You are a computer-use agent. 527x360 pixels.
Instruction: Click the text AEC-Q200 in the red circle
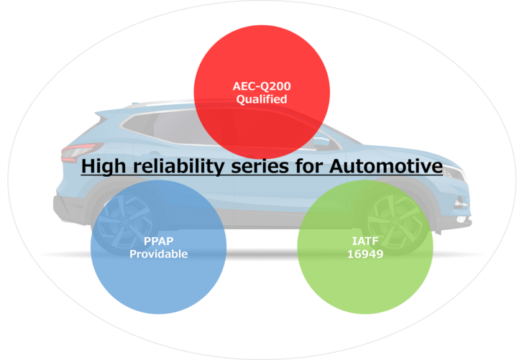click(262, 86)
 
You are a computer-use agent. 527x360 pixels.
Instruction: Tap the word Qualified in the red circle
click(262, 99)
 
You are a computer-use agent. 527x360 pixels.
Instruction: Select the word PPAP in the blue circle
click(159, 241)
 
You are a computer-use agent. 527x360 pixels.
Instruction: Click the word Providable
click(159, 254)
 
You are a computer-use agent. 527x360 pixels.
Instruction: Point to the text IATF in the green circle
click(365, 241)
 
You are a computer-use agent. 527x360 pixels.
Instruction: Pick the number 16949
click(365, 254)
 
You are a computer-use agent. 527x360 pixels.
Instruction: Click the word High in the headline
click(104, 166)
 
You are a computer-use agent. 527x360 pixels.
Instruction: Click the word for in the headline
click(309, 166)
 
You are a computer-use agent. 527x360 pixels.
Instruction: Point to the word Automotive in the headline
click(386, 165)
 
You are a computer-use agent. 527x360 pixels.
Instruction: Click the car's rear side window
click(139, 124)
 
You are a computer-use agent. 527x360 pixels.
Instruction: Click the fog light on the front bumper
click(460, 204)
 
